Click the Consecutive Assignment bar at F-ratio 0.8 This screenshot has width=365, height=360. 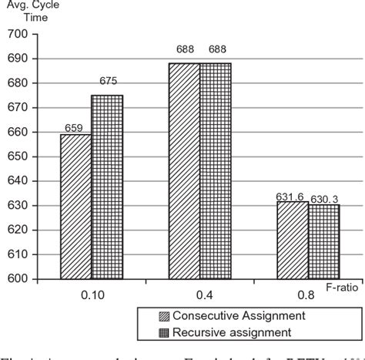[295, 240]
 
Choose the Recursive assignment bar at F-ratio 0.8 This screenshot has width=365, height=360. [324, 241]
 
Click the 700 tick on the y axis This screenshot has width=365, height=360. [17, 35]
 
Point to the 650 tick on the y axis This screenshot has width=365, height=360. [17, 156]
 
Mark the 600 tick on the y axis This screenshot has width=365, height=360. [17, 278]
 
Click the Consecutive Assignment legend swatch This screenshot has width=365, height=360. [163, 316]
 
